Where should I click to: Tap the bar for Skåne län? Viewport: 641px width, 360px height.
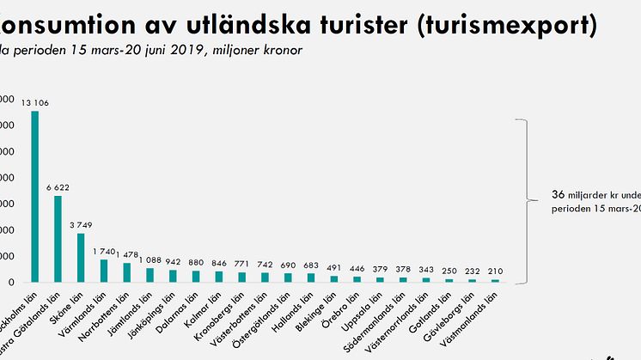[x=81, y=258]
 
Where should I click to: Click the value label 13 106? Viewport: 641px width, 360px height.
[x=34, y=104]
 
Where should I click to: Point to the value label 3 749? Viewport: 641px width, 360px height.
[x=81, y=226]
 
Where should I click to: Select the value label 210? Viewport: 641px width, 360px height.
[x=496, y=272]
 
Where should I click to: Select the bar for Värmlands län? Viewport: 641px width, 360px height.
[x=104, y=271]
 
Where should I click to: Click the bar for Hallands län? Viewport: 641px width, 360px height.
[x=311, y=278]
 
